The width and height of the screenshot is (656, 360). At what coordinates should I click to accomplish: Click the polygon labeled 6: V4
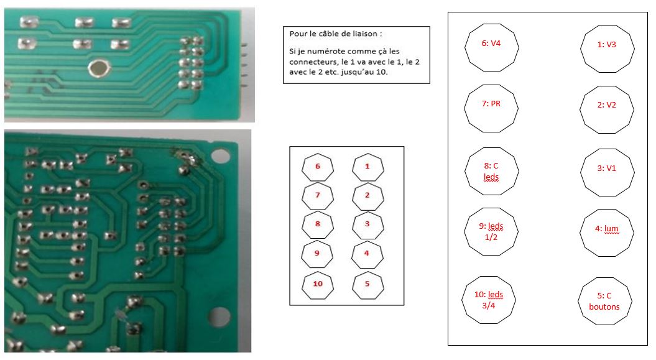tap(491, 45)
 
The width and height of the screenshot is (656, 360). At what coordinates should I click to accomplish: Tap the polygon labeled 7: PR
tap(491, 105)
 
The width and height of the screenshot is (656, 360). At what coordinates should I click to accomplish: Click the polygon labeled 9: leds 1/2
tap(492, 231)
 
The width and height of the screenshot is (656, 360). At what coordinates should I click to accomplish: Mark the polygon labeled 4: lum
tap(607, 229)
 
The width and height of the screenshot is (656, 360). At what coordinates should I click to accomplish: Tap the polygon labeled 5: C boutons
tap(606, 301)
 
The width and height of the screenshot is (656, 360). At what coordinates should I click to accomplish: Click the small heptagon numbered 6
tap(318, 167)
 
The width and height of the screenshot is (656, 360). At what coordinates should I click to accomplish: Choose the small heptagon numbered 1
tap(367, 167)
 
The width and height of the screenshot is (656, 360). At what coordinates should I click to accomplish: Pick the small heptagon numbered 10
tap(318, 284)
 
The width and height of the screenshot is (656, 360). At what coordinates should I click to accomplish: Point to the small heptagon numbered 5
tap(367, 284)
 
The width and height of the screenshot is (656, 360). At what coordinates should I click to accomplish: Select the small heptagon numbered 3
tap(367, 224)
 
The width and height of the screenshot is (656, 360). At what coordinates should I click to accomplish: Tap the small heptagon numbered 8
tap(318, 224)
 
